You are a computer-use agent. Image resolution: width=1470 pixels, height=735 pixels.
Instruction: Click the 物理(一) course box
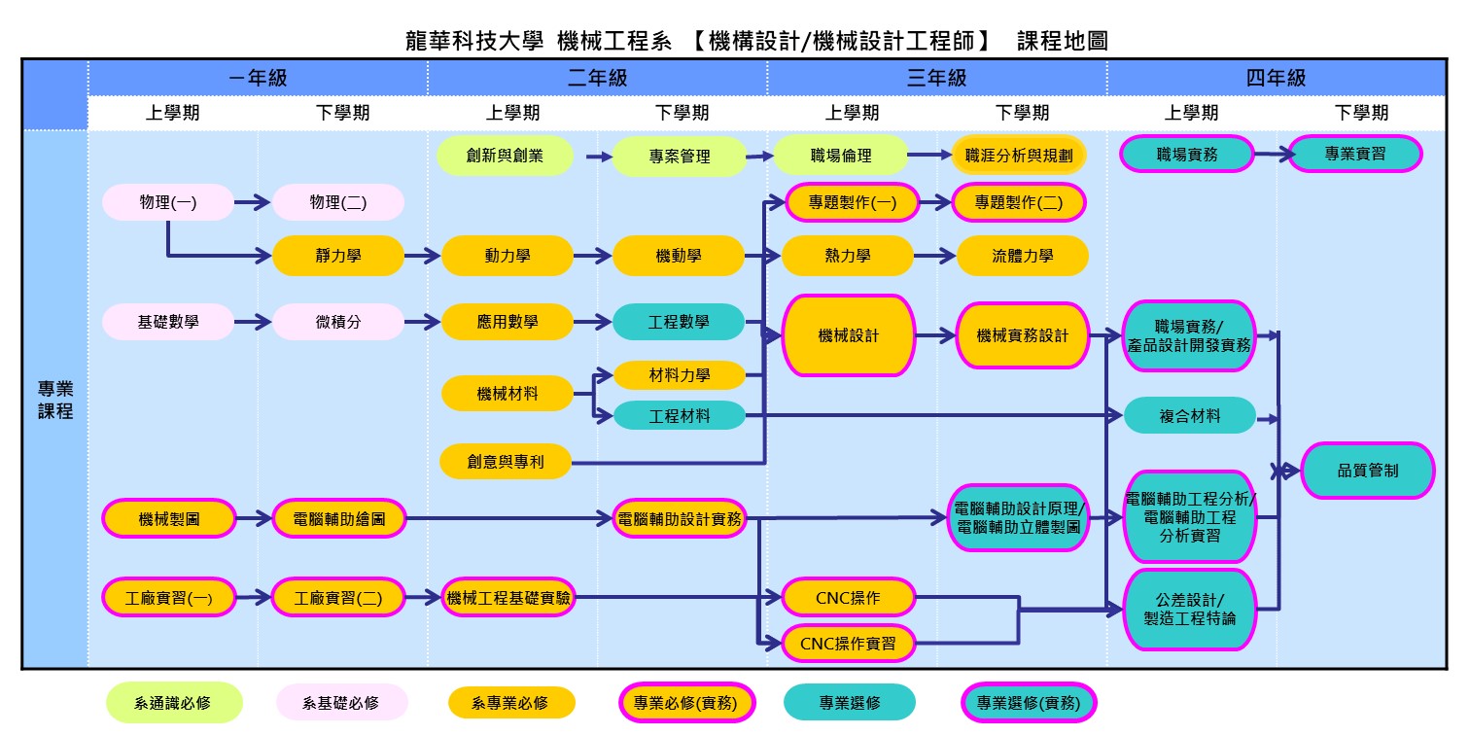tap(167, 202)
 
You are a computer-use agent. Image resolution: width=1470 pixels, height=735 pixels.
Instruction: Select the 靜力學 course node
tap(337, 256)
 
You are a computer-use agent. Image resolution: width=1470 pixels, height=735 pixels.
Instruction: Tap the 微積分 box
tap(337, 322)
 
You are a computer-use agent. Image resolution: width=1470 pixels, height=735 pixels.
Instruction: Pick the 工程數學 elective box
tap(679, 322)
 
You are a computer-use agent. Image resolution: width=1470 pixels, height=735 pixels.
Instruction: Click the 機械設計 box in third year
tap(848, 335)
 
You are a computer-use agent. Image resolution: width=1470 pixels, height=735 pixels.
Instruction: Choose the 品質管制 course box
tap(1367, 471)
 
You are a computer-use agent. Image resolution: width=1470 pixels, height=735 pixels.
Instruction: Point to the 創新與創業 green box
tap(505, 156)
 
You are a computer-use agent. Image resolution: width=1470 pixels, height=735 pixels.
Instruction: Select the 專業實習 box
tap(1354, 154)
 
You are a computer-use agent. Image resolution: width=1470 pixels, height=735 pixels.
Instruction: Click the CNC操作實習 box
tap(848, 644)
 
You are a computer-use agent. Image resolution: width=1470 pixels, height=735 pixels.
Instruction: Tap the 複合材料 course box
tap(1190, 416)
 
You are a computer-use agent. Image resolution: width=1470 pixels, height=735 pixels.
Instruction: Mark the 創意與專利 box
tap(505, 462)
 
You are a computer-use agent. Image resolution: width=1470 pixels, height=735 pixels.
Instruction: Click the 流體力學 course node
tap(1022, 256)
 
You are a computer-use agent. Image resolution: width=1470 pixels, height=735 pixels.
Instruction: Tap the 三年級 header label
tap(936, 79)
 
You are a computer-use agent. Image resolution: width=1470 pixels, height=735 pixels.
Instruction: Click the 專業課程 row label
tap(55, 400)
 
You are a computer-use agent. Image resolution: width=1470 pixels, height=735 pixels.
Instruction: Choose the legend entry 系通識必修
tap(173, 703)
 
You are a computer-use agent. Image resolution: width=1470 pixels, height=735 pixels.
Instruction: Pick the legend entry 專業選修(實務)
tap(1028, 703)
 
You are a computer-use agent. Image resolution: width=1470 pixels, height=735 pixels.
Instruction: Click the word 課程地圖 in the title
tap(1062, 41)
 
